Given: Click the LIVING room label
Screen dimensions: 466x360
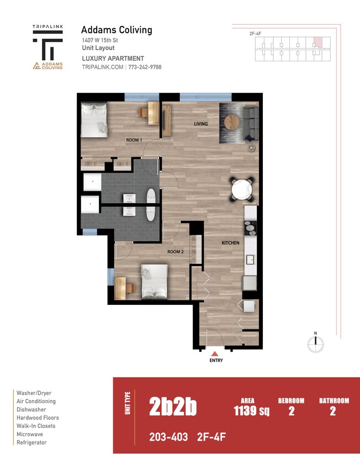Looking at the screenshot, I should [200, 124].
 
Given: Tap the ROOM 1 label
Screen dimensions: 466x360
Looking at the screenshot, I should [134, 140].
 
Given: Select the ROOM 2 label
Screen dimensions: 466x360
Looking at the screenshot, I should [175, 252].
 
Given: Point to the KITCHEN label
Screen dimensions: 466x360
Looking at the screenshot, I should [230, 243].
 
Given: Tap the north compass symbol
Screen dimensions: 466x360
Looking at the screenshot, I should [315, 343].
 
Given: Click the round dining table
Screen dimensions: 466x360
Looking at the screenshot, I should [242, 189].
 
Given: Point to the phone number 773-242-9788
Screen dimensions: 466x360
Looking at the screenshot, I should [145, 67].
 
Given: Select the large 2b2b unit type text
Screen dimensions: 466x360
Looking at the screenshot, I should [173, 407].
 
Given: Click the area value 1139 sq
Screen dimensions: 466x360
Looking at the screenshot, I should [247, 411].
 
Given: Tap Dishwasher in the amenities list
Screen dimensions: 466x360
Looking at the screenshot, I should [31, 410].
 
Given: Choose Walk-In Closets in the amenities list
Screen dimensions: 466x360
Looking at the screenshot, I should [36, 426].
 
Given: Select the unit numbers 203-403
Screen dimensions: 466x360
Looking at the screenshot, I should [168, 437].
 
